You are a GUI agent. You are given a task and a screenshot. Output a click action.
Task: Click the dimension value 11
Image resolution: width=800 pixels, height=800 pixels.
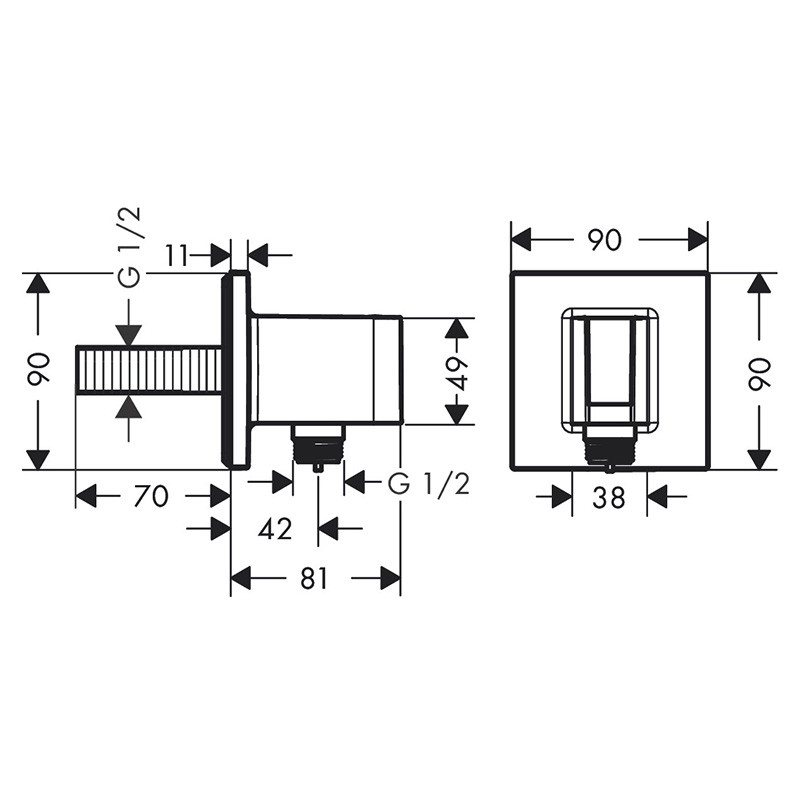177,255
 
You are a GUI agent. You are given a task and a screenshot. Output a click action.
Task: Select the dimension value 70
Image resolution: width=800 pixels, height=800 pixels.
151,496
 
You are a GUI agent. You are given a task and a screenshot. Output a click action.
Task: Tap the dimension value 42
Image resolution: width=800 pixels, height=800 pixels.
275,529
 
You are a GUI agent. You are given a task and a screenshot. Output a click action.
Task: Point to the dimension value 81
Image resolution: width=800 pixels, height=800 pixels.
313,578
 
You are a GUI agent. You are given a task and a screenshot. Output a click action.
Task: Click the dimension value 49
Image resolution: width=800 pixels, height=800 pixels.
457,373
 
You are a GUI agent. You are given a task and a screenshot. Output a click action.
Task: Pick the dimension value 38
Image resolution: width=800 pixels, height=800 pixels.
609,497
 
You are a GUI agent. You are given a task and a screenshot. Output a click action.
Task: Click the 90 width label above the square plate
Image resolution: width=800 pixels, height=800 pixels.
605,240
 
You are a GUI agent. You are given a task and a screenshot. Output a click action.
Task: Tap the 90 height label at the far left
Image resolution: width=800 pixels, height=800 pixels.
39,368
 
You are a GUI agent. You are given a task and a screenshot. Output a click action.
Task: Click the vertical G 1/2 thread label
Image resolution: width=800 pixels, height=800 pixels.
129,247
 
